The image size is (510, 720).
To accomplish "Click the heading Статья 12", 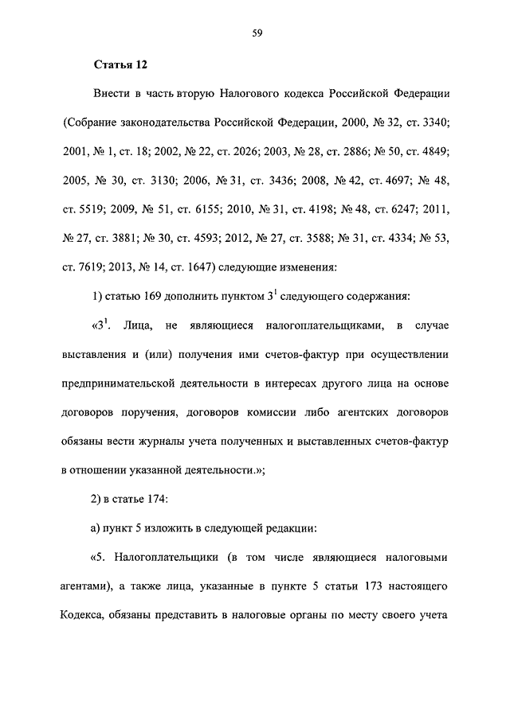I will pyautogui.click(x=121, y=63).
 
